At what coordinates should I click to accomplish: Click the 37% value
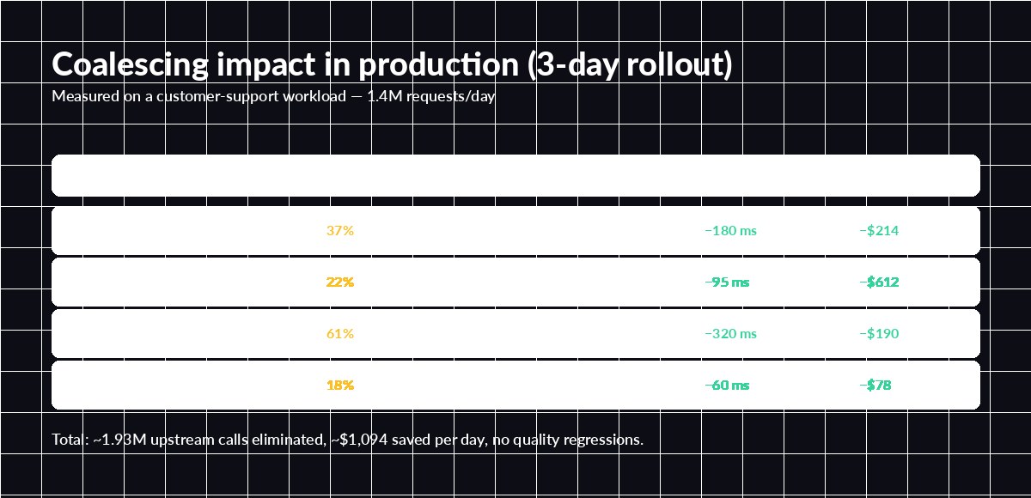(x=340, y=231)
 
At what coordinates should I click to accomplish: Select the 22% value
(x=340, y=282)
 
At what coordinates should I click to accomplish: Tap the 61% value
(x=340, y=334)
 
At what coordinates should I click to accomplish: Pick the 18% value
(x=340, y=386)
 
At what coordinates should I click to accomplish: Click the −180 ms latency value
(x=730, y=231)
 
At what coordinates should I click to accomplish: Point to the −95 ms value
(x=727, y=282)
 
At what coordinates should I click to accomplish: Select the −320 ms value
(x=730, y=334)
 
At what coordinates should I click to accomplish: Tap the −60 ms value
(x=727, y=386)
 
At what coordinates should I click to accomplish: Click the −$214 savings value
(x=879, y=231)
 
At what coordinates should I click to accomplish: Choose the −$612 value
(x=879, y=282)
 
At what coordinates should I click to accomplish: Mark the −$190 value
(x=879, y=334)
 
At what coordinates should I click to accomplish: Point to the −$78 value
(x=875, y=386)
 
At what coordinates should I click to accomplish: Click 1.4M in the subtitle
(x=381, y=96)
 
